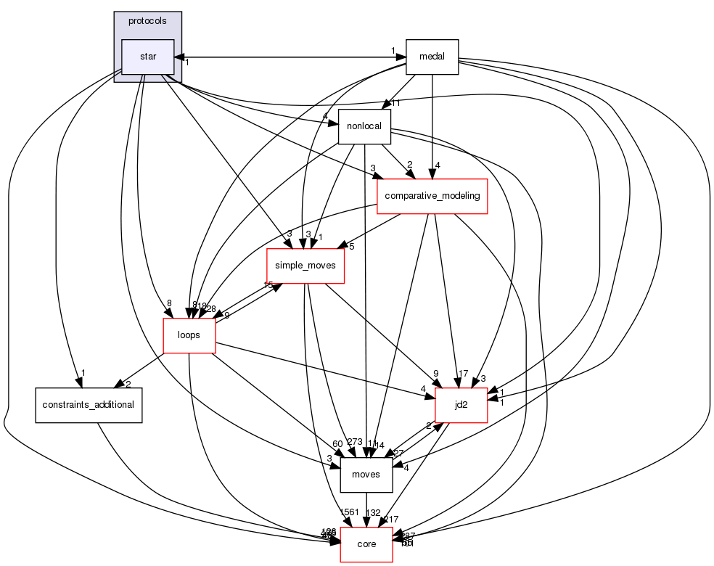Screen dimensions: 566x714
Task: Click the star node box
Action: click(147, 57)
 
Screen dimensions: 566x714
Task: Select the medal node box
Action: click(432, 57)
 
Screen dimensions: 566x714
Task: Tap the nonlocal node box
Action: click(364, 126)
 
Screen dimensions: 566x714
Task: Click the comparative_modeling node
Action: click(432, 196)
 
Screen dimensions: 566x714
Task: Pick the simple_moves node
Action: click(305, 266)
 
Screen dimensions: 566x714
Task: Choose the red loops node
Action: click(189, 335)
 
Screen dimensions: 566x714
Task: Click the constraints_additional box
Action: click(89, 404)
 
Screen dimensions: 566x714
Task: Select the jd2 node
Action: click(461, 404)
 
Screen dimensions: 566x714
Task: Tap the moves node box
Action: click(366, 474)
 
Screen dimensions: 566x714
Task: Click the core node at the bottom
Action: click(367, 544)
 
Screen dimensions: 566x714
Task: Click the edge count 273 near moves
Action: click(354, 443)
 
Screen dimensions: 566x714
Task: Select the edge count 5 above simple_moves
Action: click(350, 245)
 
